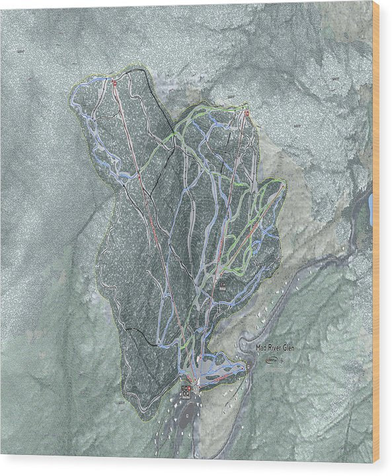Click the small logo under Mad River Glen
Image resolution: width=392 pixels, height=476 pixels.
pyautogui.click(x=272, y=360)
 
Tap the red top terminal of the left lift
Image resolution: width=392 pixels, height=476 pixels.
pyautogui.click(x=114, y=84)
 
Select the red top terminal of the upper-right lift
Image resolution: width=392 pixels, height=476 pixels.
pyautogui.click(x=246, y=114)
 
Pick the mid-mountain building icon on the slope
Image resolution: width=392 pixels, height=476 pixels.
pyautogui.click(x=222, y=286)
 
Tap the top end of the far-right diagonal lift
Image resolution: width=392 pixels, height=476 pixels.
pyautogui.click(x=284, y=186)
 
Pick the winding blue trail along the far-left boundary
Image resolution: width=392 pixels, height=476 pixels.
pyautogui.click(x=86, y=126)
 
